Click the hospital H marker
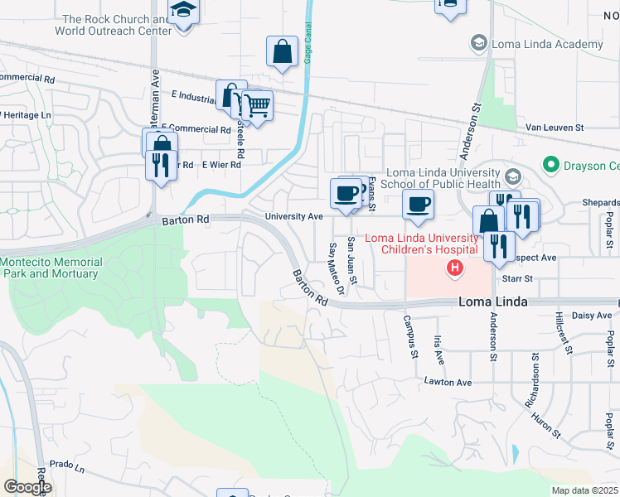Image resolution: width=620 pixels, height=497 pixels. click(454, 268)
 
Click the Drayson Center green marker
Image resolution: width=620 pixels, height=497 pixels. click(549, 165)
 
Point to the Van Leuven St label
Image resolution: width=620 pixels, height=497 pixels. click(555, 128)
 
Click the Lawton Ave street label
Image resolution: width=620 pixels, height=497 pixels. click(448, 383)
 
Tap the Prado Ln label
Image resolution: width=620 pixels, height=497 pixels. click(68, 469)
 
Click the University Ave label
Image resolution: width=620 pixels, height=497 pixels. click(293, 216)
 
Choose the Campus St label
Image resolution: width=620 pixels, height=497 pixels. click(409, 336)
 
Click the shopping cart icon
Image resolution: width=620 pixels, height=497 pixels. click(257, 105)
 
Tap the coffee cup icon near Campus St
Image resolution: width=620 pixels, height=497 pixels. click(419, 204)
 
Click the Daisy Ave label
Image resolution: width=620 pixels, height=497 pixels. click(592, 316)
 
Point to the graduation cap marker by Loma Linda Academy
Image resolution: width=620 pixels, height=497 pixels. click(478, 42)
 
